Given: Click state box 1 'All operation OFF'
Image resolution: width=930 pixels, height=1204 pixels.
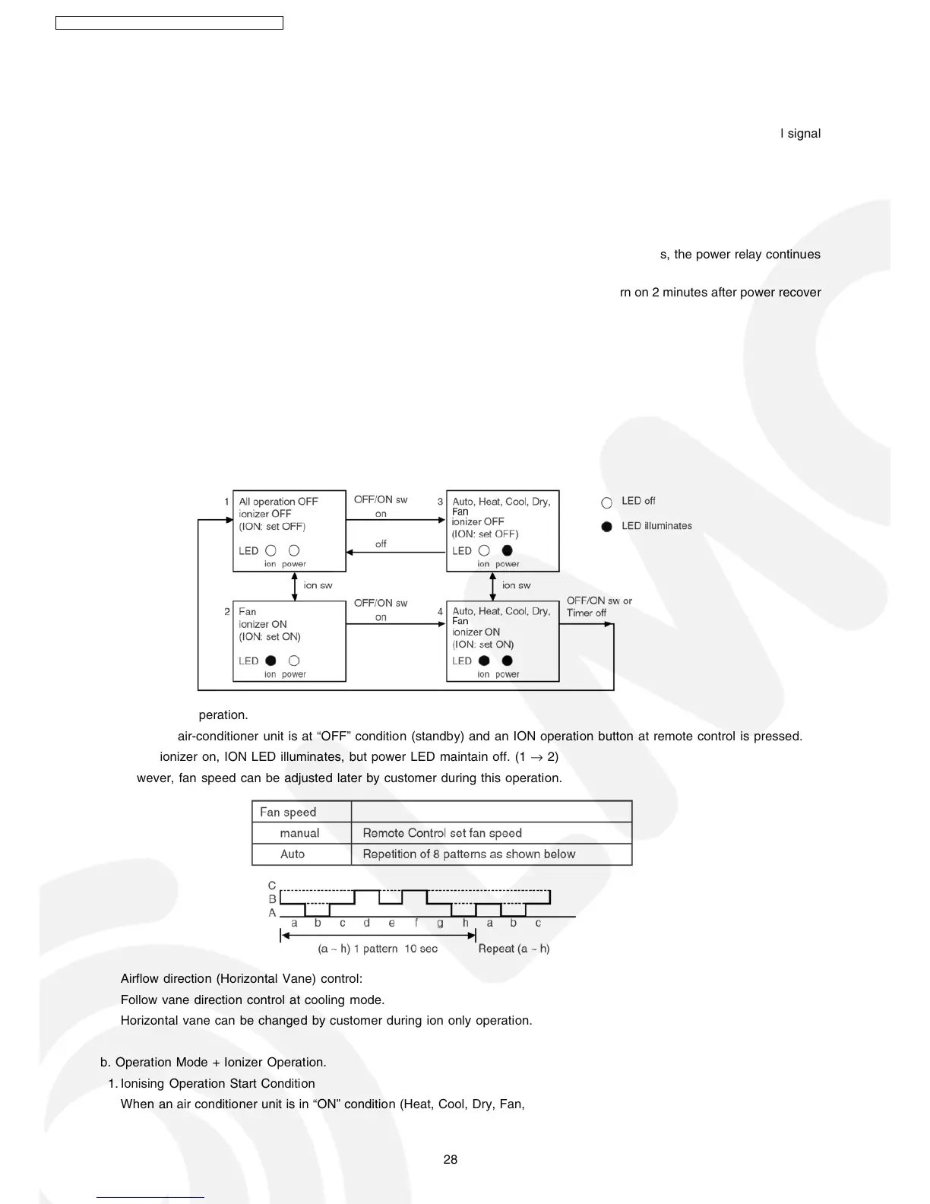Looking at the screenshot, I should [289, 531].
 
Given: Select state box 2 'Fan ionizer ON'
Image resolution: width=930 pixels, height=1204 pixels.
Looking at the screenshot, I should [289, 641].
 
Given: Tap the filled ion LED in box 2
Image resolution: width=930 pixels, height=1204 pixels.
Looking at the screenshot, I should [270, 661].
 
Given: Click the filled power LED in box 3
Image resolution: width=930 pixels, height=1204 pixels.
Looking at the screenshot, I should [508, 550].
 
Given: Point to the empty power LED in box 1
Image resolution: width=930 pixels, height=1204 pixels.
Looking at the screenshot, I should [294, 550].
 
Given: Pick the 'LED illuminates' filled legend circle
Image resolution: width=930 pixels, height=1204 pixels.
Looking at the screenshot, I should [606, 527].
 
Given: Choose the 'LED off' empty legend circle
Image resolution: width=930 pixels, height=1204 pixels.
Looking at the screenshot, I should [606, 502].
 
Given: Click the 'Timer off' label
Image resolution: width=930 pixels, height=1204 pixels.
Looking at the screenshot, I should [586, 613].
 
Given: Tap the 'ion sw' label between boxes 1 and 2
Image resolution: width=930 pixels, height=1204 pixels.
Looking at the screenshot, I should [318, 585].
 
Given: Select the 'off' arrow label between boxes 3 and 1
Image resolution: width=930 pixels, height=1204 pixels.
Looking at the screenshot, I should [381, 544].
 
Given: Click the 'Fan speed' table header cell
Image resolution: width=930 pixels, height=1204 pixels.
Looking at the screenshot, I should [288, 812].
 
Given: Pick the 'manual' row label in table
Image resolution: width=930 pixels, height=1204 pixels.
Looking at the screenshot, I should [299, 833].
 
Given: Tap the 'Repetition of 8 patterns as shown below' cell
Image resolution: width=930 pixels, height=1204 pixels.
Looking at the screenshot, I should [469, 854].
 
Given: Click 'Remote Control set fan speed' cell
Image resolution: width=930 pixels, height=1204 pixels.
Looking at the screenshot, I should [442, 833].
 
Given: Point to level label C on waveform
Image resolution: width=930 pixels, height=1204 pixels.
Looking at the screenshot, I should [272, 886].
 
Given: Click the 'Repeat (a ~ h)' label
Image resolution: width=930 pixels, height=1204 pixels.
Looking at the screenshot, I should [514, 949].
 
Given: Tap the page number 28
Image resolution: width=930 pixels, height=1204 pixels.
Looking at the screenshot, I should [451, 1159].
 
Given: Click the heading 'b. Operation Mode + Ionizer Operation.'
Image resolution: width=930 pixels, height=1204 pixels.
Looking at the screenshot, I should [214, 1062].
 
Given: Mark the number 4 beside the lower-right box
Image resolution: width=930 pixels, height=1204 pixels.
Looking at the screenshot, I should [440, 611].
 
